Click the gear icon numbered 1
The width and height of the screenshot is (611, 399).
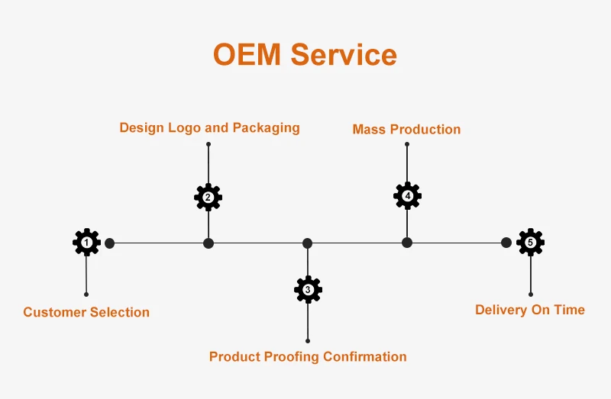(x=86, y=243)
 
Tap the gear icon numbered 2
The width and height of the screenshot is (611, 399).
(x=208, y=197)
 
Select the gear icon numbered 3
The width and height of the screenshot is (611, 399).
(x=308, y=289)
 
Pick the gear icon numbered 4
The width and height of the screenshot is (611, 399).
(x=407, y=196)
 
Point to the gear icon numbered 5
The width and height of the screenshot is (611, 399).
(x=530, y=243)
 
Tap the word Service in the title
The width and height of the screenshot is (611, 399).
(x=344, y=55)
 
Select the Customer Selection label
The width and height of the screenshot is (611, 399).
(x=86, y=312)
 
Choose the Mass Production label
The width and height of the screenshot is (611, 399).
(x=406, y=129)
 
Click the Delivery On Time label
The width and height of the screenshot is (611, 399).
(x=530, y=310)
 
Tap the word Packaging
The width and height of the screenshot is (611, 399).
(x=266, y=127)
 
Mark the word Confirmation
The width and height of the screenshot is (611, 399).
(x=365, y=356)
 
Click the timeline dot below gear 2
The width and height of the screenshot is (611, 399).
(x=209, y=243)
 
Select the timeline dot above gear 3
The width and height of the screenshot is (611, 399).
(x=307, y=243)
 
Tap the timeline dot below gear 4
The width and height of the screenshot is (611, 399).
(x=407, y=243)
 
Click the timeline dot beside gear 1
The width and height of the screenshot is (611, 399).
(x=110, y=243)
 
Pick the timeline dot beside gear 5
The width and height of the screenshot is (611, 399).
(x=506, y=243)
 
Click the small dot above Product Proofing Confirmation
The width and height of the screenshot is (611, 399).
(x=308, y=340)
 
